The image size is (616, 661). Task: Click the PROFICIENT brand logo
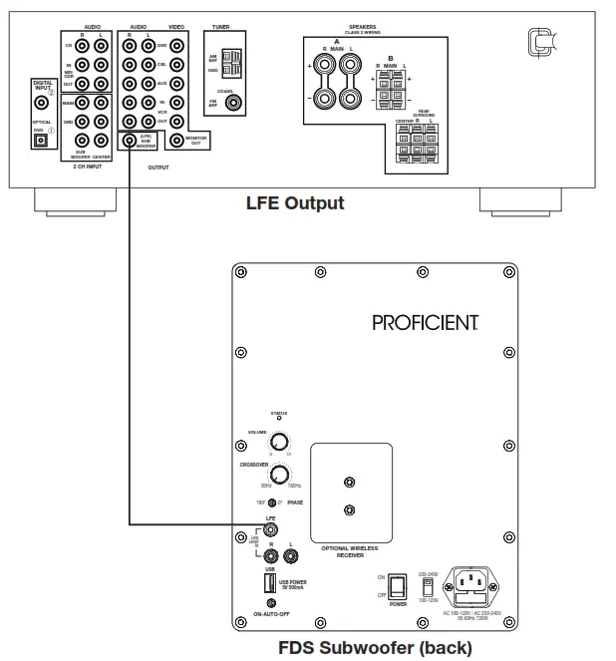[426, 322]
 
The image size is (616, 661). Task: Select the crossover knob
[281, 474]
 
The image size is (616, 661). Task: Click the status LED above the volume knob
[279, 419]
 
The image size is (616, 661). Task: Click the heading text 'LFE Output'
[295, 203]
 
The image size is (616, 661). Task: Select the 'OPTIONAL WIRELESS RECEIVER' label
[348, 551]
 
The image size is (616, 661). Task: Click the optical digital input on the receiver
[42, 141]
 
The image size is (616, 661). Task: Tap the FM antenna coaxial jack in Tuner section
[233, 101]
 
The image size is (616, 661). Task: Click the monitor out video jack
[176, 141]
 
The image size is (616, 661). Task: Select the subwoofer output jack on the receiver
[129, 141]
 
